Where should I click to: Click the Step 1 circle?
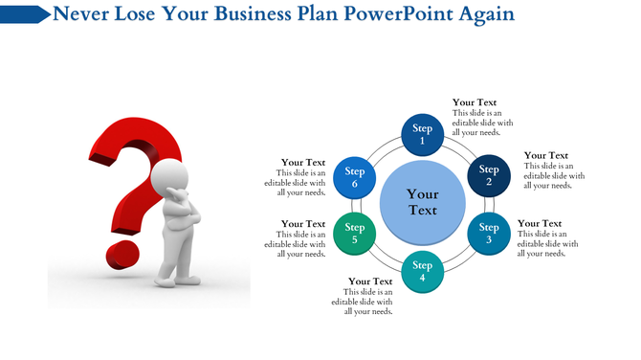pyautogui.click(x=422, y=134)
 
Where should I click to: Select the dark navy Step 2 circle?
pyautogui.click(x=489, y=176)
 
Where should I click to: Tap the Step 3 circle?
pyautogui.click(x=489, y=233)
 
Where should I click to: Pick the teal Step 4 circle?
pyautogui.click(x=422, y=272)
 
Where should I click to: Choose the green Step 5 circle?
pyautogui.click(x=355, y=233)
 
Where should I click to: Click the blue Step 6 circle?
pyautogui.click(x=355, y=176)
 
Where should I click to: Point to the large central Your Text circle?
pyautogui.click(x=422, y=203)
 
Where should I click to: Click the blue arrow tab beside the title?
pyautogui.click(x=26, y=14)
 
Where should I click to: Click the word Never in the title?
pyautogui.click(x=81, y=14)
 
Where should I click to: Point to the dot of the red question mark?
pyautogui.click(x=122, y=256)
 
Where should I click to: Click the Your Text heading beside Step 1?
pyautogui.click(x=475, y=102)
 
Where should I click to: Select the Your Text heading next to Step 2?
pyautogui.click(x=546, y=155)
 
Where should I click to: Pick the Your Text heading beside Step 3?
pyautogui.click(x=541, y=223)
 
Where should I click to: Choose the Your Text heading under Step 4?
pyautogui.click(x=370, y=281)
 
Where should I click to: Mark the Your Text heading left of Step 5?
pyautogui.click(x=303, y=223)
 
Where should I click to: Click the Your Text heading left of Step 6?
pyautogui.click(x=303, y=163)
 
